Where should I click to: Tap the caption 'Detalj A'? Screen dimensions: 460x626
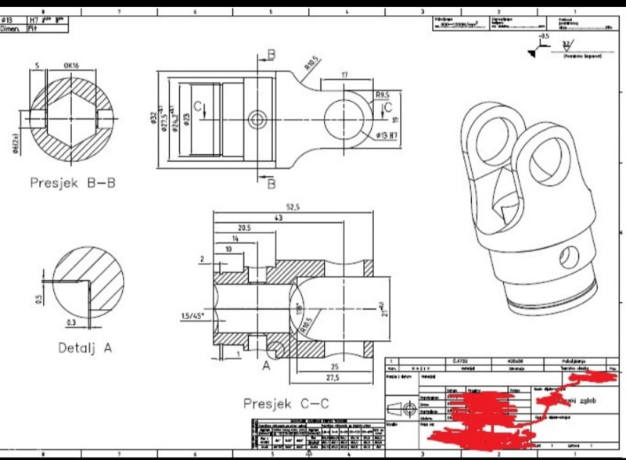click(x=85, y=346)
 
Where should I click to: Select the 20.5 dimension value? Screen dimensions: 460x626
click(x=243, y=228)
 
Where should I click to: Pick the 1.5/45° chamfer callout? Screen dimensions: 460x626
click(x=193, y=314)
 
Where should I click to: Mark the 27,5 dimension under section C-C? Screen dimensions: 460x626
click(x=334, y=378)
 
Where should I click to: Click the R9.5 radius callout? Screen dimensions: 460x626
click(x=383, y=95)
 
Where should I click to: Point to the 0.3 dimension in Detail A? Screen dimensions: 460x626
click(x=72, y=322)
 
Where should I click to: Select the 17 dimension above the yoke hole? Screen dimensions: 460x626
click(x=345, y=76)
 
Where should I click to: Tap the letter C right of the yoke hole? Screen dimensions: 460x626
click(x=387, y=109)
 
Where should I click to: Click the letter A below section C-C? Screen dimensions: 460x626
click(x=265, y=365)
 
